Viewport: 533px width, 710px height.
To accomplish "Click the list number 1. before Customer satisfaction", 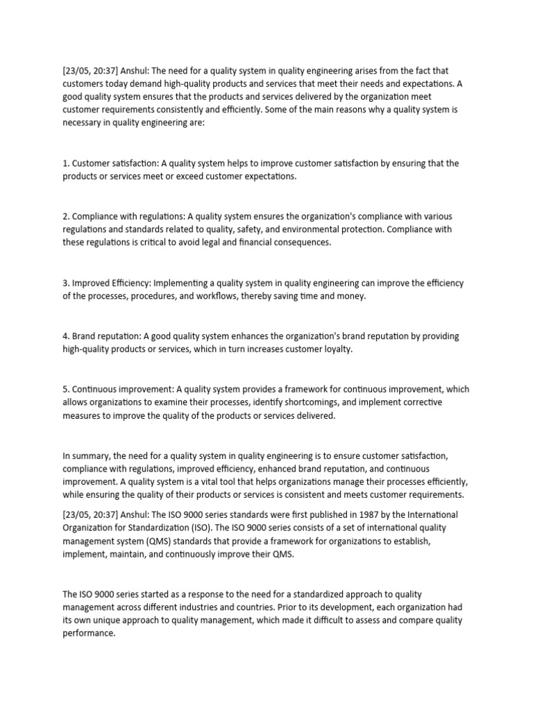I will [66, 164].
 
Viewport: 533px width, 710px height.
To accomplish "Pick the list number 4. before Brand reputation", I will [66, 336].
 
